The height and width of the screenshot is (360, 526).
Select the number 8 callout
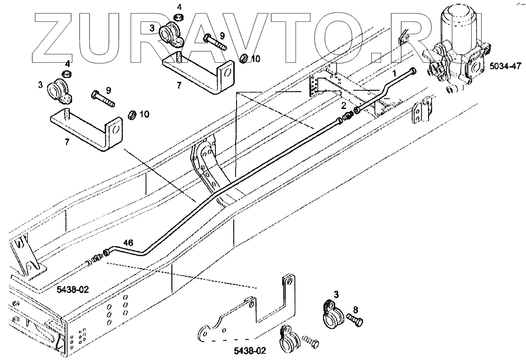click(x=355, y=310)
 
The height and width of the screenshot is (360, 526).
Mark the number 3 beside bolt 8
click(x=336, y=294)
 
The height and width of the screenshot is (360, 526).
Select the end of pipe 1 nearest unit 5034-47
click(x=413, y=70)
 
